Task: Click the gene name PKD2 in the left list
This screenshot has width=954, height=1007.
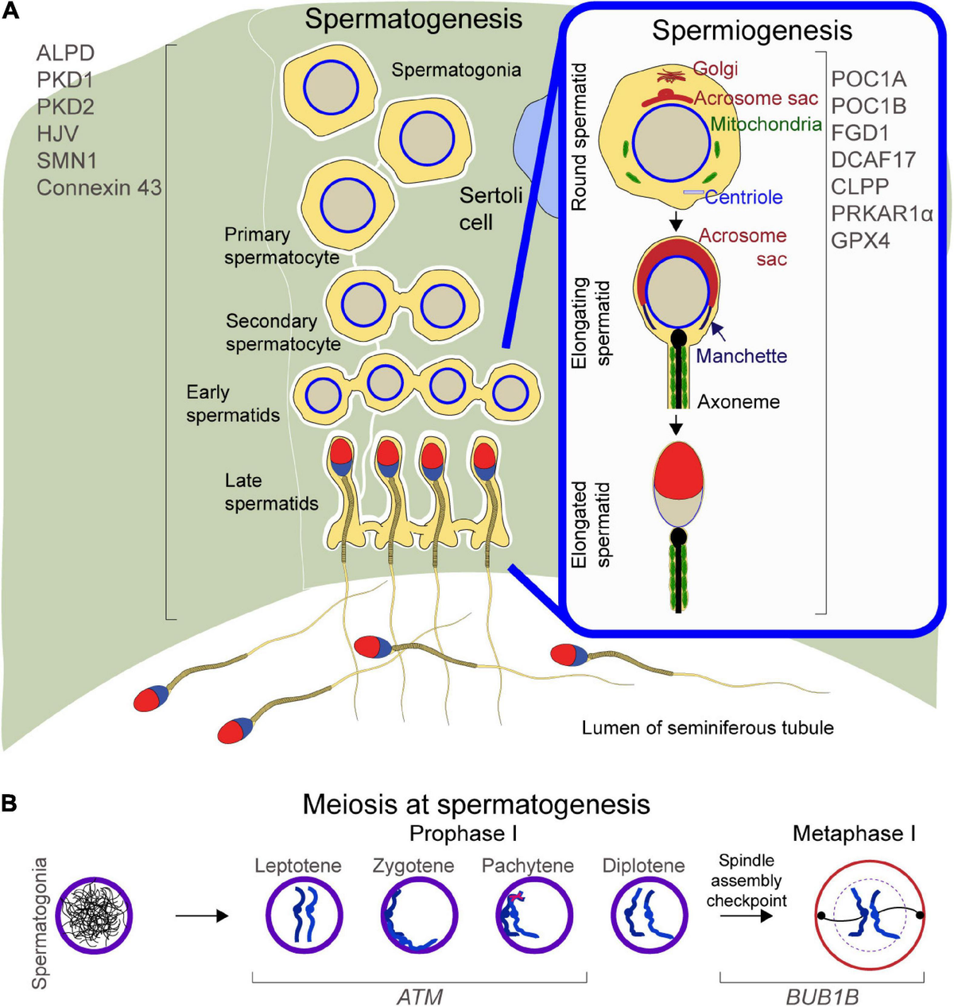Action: tap(65, 107)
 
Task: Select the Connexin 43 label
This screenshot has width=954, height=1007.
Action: tap(99, 188)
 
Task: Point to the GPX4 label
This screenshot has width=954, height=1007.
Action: tap(860, 240)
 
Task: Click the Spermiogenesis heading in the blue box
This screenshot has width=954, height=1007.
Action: tap(751, 31)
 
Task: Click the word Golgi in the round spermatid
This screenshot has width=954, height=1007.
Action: tap(715, 69)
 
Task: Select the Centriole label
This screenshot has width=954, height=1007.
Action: tap(743, 197)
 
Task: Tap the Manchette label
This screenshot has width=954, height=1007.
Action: tap(741, 356)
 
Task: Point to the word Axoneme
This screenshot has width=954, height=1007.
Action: tap(739, 402)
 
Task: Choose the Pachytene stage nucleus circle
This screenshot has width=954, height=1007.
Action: tap(527, 916)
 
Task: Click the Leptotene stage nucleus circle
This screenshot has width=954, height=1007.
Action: tap(297, 916)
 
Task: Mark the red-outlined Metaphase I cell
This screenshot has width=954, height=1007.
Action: tap(870, 916)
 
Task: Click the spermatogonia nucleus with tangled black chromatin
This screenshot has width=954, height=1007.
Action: tap(95, 916)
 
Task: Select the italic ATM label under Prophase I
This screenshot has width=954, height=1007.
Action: tap(420, 995)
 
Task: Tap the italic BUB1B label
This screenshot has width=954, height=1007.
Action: tap(822, 995)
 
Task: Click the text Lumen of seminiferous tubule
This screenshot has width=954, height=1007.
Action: tap(708, 727)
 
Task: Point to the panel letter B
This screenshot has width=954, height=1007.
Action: tap(10, 804)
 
